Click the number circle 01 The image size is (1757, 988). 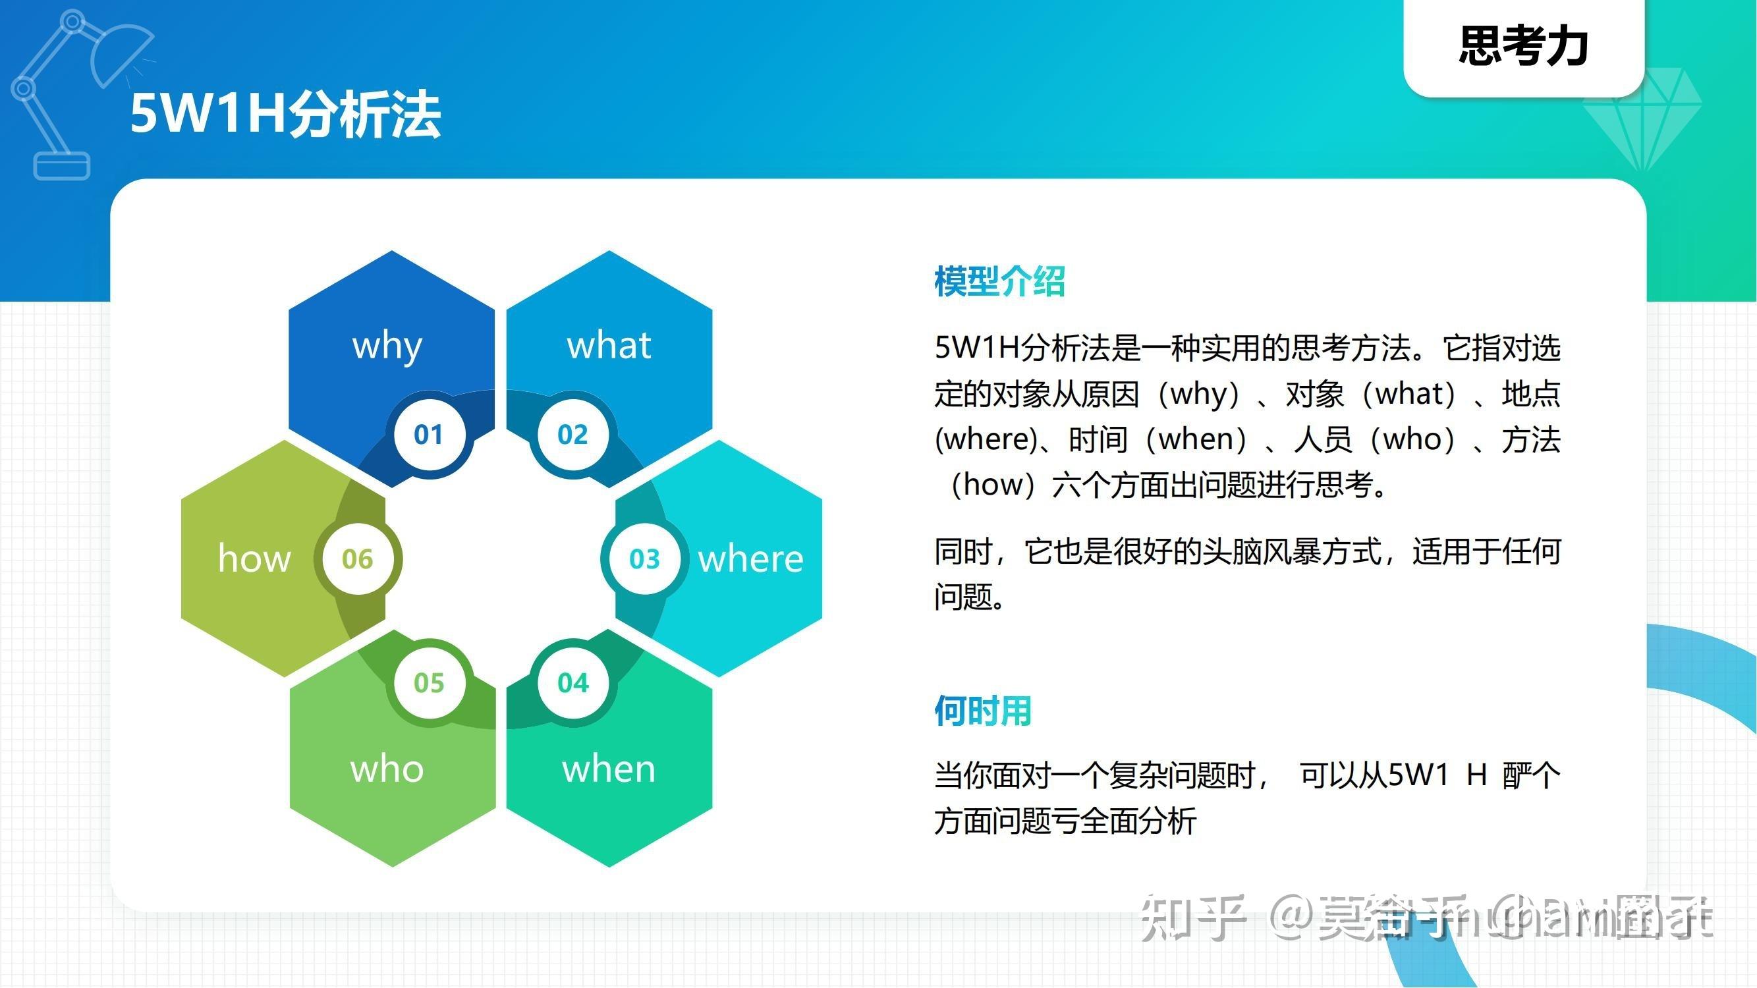tap(428, 434)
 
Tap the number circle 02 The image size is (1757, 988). tap(572, 434)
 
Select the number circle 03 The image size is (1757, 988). tap(644, 559)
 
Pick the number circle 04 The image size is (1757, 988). tap(572, 682)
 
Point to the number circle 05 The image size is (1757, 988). tap(428, 682)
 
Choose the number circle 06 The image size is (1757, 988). tap(358, 559)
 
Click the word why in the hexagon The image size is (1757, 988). tap(387, 346)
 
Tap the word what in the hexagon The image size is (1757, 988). tap(609, 345)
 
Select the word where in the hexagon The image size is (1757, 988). tap(750, 559)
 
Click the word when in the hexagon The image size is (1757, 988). tap(609, 769)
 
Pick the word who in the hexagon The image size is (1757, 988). tap(387, 769)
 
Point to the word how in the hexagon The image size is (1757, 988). tap(254, 559)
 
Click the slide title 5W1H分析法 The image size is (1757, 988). tap(285, 114)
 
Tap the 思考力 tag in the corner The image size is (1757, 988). tap(1524, 46)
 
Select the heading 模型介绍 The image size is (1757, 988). tap(999, 281)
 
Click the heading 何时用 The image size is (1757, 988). tap(982, 711)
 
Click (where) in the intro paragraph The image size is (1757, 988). tap(986, 440)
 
